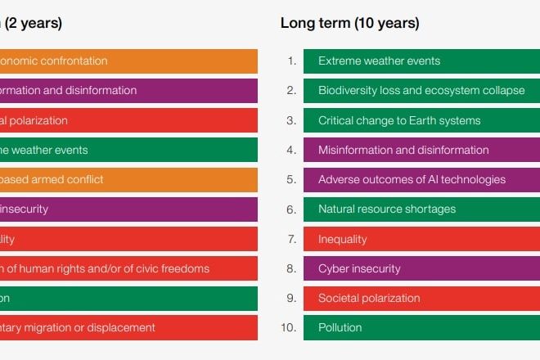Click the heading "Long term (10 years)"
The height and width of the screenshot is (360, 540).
[x=349, y=23]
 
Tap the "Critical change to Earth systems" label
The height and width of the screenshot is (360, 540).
[x=399, y=120]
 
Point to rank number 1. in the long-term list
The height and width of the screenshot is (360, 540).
[x=291, y=61]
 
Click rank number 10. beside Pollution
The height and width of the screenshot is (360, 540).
[x=289, y=328]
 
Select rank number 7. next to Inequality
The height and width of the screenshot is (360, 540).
[x=291, y=240]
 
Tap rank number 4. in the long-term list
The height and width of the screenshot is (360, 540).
[x=291, y=150]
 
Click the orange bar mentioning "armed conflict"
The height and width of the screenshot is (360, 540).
[x=128, y=179]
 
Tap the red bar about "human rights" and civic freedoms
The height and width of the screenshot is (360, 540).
[x=128, y=268]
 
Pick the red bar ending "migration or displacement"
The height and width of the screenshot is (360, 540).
[x=128, y=328]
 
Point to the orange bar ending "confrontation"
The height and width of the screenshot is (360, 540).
[x=128, y=61]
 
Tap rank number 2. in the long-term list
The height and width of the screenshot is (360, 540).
[x=291, y=91]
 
